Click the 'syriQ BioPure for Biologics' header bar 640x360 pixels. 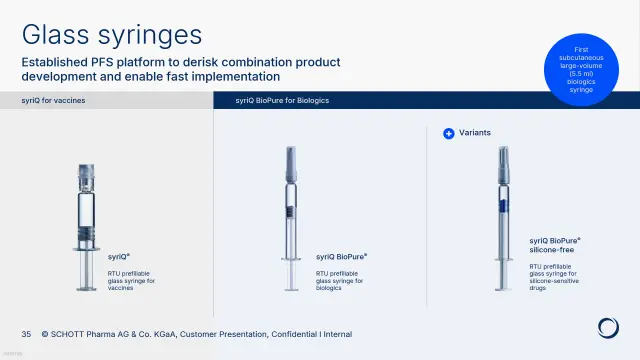pos(282,101)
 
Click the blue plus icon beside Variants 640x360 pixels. pos(449,132)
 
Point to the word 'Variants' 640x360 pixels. pos(476,132)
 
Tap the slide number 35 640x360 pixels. pos(27,334)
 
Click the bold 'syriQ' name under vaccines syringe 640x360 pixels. pos(119,257)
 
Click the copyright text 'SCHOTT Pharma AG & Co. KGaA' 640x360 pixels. pos(118,334)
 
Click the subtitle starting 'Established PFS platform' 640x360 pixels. pos(181,69)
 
